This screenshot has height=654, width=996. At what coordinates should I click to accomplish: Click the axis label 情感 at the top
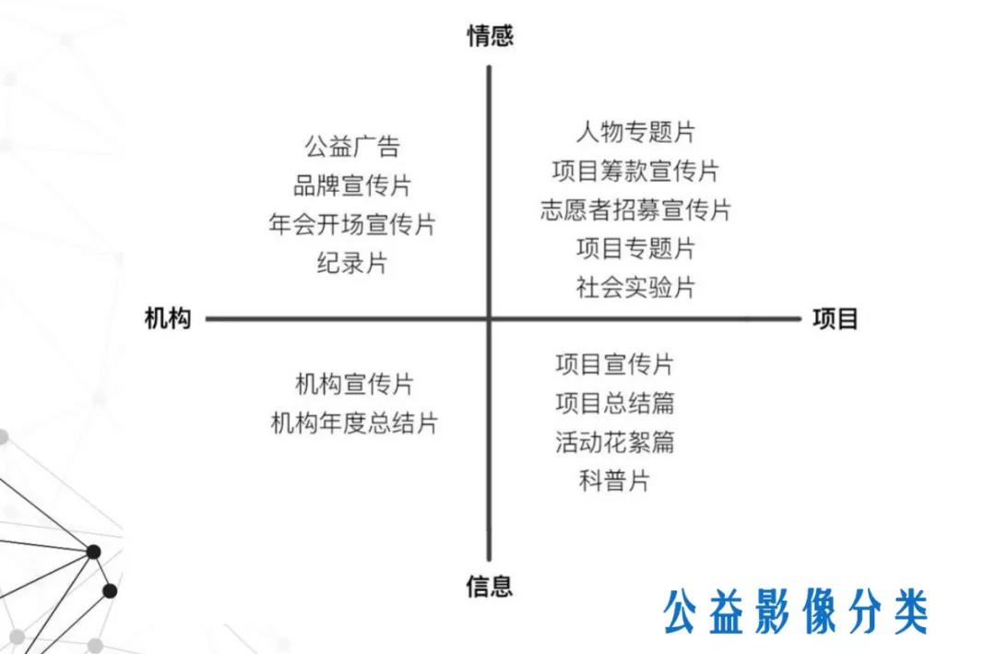pyautogui.click(x=490, y=36)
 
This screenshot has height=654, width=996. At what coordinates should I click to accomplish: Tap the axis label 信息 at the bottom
pyautogui.click(x=489, y=586)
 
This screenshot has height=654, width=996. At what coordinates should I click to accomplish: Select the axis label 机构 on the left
pyautogui.click(x=168, y=318)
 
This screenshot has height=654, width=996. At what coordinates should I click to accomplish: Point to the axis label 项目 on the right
pyautogui.click(x=836, y=319)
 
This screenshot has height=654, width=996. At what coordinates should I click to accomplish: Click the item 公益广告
pyautogui.click(x=352, y=147)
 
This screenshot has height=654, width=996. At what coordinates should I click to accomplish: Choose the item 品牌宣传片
pyautogui.click(x=352, y=185)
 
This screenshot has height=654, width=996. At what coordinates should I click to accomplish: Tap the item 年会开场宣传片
pyautogui.click(x=352, y=224)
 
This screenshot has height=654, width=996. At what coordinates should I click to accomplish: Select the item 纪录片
pyautogui.click(x=352, y=263)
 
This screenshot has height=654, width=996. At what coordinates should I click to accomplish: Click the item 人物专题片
pyautogui.click(x=635, y=132)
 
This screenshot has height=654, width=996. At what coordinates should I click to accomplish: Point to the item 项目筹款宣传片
pyautogui.click(x=635, y=171)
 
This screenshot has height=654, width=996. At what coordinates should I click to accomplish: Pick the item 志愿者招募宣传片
pyautogui.click(x=635, y=209)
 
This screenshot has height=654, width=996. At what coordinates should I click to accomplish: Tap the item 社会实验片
pyautogui.click(x=635, y=287)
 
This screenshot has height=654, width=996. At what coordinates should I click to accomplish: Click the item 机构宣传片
pyautogui.click(x=354, y=384)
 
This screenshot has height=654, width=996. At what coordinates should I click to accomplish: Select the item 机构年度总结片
pyautogui.click(x=354, y=422)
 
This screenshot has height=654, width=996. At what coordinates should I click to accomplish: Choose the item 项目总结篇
pyautogui.click(x=615, y=403)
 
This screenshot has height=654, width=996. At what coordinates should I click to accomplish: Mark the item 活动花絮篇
pyautogui.click(x=615, y=442)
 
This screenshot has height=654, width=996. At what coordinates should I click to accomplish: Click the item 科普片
pyautogui.click(x=615, y=481)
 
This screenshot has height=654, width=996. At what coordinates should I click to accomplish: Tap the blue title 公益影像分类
pyautogui.click(x=797, y=612)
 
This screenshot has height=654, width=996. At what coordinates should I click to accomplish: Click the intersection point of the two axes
pyautogui.click(x=489, y=318)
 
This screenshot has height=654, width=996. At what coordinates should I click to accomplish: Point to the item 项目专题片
pyautogui.click(x=635, y=248)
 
